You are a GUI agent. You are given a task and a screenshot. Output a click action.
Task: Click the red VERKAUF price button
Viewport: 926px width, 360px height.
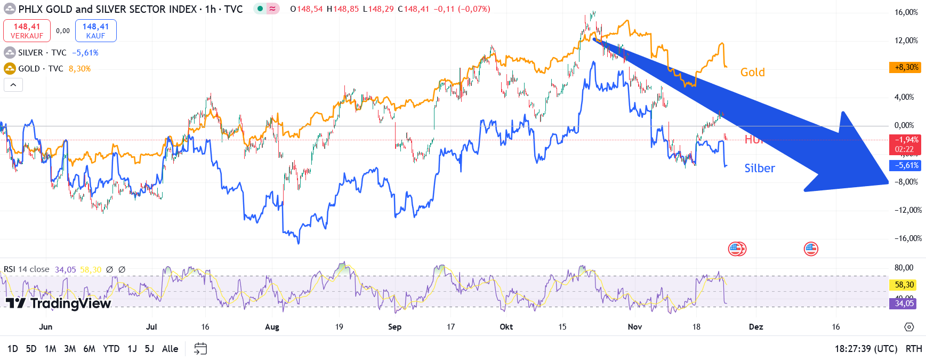tap(27, 30)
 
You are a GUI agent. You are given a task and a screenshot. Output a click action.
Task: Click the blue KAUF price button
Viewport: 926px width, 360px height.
tap(96, 30)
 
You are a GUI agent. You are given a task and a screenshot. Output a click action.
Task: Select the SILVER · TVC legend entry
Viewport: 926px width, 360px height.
tap(43, 53)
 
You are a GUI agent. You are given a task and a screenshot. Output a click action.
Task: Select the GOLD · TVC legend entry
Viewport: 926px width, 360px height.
tap(40, 69)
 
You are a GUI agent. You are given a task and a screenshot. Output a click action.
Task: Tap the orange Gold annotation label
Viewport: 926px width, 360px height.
tap(752, 73)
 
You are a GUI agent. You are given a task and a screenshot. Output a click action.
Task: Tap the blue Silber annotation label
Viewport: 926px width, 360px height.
tap(760, 169)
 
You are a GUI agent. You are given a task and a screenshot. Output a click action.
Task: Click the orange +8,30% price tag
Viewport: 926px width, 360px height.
tap(906, 68)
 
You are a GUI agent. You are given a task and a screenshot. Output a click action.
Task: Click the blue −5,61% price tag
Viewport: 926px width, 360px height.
tap(906, 165)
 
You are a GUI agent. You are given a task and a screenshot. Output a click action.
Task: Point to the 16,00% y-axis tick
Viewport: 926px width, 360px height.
tap(906, 12)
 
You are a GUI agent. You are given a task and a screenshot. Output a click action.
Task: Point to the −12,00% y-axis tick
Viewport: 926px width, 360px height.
tap(907, 210)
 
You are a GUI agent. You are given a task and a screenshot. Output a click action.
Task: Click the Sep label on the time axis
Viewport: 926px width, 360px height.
tap(394, 327)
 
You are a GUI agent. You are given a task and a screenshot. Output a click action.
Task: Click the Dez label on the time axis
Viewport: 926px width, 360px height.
tap(755, 327)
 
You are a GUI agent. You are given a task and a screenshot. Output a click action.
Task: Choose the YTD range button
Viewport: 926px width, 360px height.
tap(111, 349)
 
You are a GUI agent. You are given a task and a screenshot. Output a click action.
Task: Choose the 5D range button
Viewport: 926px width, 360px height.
tap(31, 349)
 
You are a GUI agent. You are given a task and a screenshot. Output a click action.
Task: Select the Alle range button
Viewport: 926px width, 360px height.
tap(170, 349)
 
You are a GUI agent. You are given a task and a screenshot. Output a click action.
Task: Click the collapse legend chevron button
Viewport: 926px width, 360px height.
tap(13, 85)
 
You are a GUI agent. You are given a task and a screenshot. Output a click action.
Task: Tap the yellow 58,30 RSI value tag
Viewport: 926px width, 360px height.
tap(904, 285)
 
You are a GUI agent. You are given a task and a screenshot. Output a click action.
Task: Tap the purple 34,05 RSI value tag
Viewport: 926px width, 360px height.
tap(904, 303)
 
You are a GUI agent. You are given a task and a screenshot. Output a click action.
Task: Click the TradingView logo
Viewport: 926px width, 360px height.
tap(59, 303)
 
